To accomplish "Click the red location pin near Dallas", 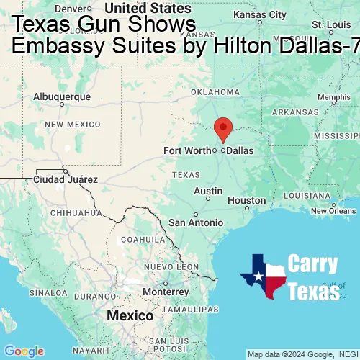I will [x=223, y=129].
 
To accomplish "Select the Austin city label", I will [x=208, y=191].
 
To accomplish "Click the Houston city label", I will [x=246, y=201].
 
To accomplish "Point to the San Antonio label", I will [x=196, y=222].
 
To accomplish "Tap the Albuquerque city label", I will [x=62, y=96].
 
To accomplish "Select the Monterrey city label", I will [x=165, y=292].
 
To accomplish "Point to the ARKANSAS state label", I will [x=294, y=112].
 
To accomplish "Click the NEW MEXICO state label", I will [x=72, y=125].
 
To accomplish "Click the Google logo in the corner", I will [x=24, y=351].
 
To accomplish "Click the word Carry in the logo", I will [x=312, y=264].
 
